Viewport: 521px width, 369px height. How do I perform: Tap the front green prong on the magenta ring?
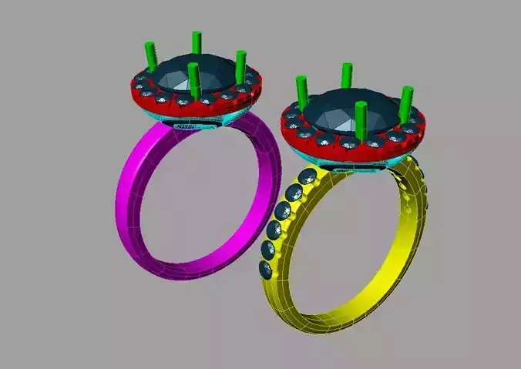[x=193, y=82]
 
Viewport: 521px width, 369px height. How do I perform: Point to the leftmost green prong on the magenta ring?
[x=147, y=59]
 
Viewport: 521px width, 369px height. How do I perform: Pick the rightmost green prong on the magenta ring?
[x=240, y=65]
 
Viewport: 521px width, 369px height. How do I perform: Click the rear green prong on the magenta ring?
[x=196, y=43]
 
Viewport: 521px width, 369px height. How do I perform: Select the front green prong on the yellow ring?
[x=360, y=120]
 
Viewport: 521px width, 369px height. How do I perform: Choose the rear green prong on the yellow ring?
[x=347, y=75]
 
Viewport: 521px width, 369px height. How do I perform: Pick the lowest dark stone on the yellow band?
[x=266, y=269]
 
